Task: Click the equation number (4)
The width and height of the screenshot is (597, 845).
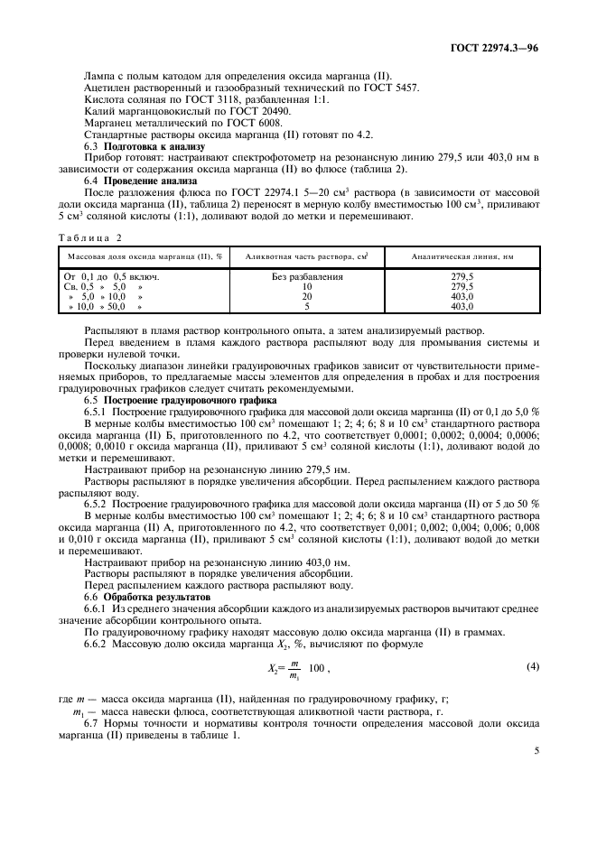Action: (x=533, y=666)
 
